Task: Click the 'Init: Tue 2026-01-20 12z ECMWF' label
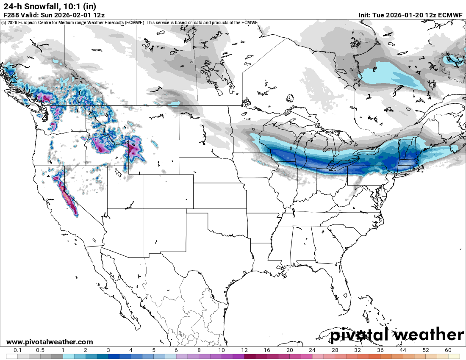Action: tap(411, 15)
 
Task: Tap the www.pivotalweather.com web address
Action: tap(50, 342)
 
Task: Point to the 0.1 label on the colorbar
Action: tap(18, 350)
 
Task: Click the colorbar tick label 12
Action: tap(244, 350)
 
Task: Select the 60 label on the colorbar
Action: tap(448, 350)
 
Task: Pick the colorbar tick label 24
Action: tap(312, 350)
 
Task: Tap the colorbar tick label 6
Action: tap(176, 350)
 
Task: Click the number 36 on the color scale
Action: tap(380, 350)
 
